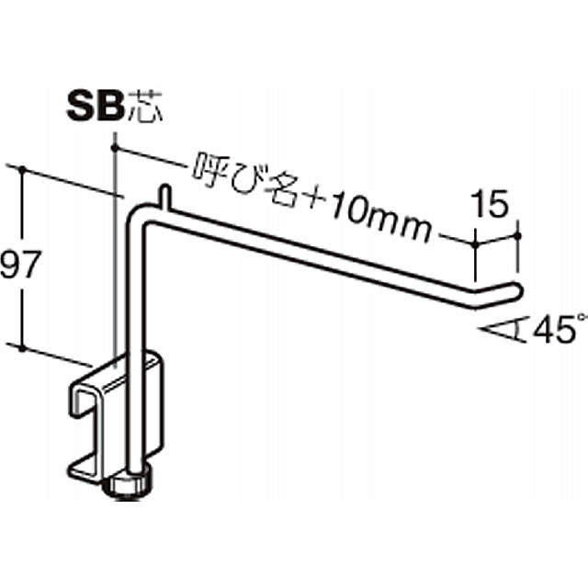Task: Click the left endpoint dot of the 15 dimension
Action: pos(476,243)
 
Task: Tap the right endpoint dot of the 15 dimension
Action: pos(521,235)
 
